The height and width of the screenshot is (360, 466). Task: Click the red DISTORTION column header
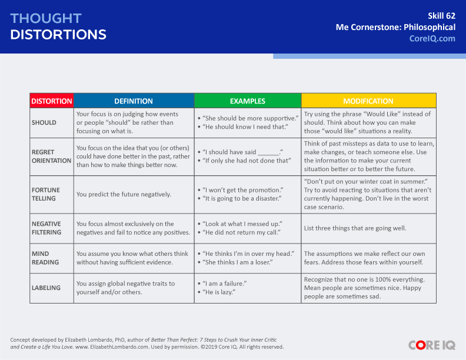[52, 101]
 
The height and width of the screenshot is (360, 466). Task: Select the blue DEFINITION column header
[134, 101]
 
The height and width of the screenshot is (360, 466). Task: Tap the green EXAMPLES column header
[248, 101]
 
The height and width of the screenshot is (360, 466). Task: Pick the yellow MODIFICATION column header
[368, 101]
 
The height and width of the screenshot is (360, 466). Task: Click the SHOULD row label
[44, 122]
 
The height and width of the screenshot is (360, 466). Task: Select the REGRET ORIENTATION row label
[51, 156]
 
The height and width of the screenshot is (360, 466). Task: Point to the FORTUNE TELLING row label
[46, 194]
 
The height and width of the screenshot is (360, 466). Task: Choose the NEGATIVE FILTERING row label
[46, 228]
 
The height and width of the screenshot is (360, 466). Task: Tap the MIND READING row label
[45, 258]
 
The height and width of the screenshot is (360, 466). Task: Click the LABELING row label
[46, 288]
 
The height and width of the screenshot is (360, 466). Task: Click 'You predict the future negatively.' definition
[124, 194]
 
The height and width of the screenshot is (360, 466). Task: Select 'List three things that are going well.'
[355, 228]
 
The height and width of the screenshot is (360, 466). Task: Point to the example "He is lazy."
[219, 292]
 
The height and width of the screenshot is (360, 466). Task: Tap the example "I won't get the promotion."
[243, 190]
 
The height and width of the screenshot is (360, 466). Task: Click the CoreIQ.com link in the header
[432, 39]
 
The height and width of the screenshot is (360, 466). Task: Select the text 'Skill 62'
[441, 16]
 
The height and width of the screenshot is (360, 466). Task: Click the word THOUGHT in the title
[46, 18]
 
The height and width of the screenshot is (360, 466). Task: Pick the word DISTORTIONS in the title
[58, 35]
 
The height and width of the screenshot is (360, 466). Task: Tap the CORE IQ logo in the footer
[432, 345]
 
